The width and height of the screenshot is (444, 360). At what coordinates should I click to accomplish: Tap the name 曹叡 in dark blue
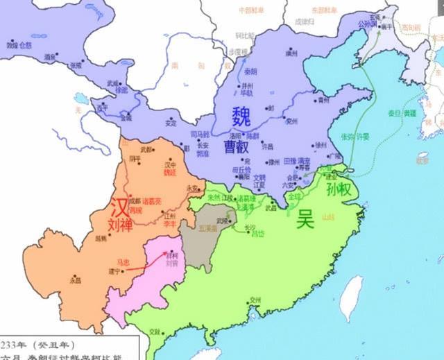234,148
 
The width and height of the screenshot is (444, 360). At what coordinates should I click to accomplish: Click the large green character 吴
305,219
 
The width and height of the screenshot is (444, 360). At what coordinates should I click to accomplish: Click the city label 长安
203,145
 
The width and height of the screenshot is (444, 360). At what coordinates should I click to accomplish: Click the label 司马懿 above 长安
198,132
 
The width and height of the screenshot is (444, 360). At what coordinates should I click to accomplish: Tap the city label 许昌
266,147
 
